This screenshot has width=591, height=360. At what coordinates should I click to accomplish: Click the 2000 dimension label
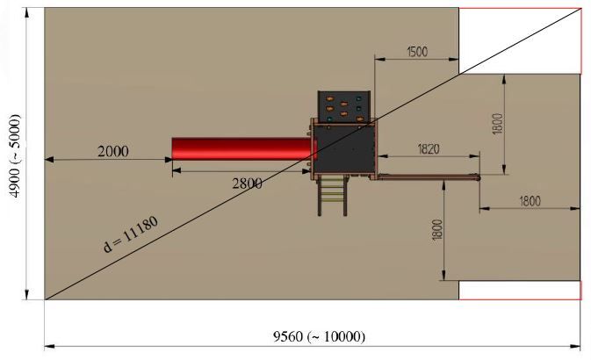pos(113,152)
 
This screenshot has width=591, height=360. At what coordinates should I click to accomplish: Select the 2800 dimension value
pos(248,184)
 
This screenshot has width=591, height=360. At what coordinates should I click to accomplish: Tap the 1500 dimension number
pos(417,52)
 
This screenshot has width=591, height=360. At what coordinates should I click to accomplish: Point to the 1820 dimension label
pos(429,149)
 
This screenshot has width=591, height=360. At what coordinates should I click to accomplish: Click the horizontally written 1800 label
pos(530,201)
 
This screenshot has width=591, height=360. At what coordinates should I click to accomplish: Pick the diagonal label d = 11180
pos(131,234)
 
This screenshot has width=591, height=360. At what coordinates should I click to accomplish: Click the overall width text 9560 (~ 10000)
pos(319,336)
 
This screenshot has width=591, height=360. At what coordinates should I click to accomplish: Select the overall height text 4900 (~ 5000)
pos(16,155)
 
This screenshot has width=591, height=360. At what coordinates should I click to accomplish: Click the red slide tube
pos(243,149)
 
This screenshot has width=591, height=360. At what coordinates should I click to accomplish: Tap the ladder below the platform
pos(333,196)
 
